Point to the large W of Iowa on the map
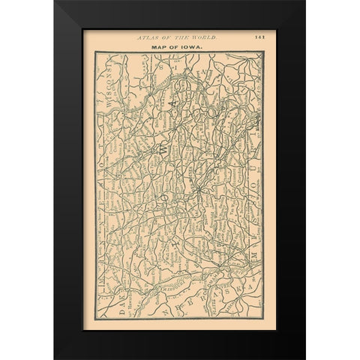(x=163, y=149)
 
